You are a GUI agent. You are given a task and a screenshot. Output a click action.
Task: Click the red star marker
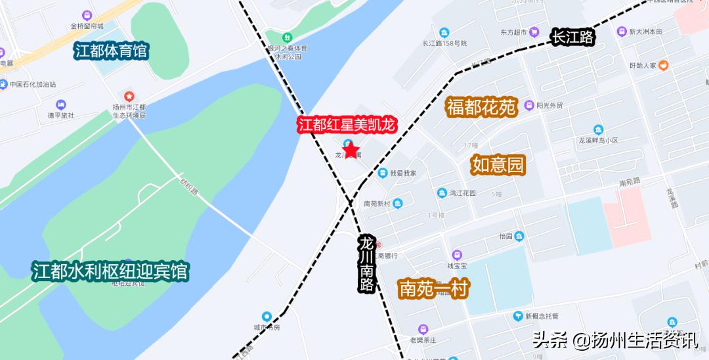tap(351, 150)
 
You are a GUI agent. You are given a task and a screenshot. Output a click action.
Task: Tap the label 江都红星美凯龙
tap(348, 125)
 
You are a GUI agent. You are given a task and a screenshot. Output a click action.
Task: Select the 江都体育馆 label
tap(111, 51)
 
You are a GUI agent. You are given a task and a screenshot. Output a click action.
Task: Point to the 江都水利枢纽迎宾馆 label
tap(110, 271)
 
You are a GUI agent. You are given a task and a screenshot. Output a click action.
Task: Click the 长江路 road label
tap(572, 37)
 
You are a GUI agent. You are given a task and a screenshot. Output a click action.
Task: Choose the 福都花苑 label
tap(482, 107)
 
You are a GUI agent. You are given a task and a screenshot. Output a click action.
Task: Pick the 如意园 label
tap(498, 166)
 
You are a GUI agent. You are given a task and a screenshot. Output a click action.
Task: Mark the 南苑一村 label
tap(433, 289)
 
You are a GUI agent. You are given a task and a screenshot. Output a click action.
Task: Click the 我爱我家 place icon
tap(382, 173)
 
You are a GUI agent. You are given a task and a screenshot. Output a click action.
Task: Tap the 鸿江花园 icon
tap(442, 193)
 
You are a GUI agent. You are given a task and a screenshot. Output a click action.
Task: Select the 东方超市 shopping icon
tap(535, 32)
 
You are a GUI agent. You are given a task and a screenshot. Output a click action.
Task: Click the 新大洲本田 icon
tap(621, 32)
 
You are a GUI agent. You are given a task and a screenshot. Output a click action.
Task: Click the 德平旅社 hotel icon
tap(61, 104)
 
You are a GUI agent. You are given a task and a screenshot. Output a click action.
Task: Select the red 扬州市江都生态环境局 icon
tap(129, 97)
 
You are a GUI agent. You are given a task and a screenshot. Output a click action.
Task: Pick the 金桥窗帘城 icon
tap(87, 15)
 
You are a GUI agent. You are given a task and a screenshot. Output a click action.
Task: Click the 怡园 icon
tap(519, 236)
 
